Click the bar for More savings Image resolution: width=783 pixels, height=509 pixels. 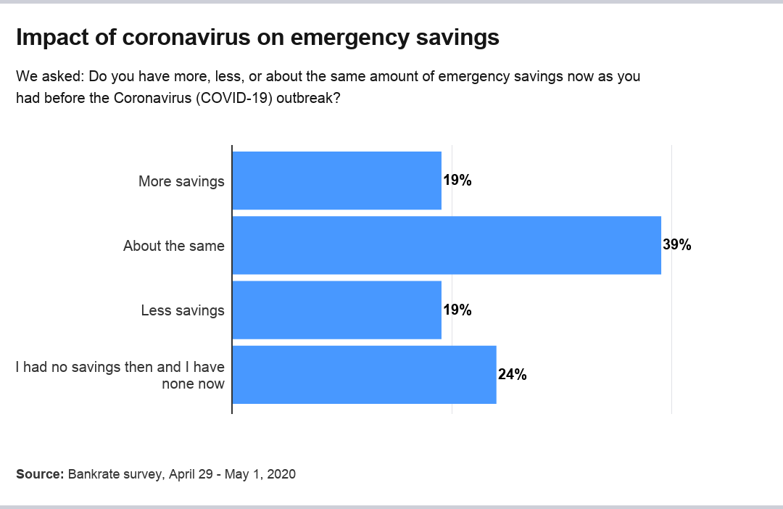tap(336, 181)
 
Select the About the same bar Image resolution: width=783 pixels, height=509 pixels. tap(446, 245)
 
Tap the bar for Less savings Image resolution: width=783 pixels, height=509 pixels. tap(336, 310)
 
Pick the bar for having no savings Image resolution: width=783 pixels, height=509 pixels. tap(364, 374)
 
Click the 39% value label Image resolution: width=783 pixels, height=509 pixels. tap(677, 245)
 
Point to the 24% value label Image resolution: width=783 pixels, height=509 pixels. tap(512, 375)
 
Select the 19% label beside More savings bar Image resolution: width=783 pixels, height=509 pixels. tap(457, 181)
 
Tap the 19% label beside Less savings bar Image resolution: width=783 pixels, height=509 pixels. tap(457, 310)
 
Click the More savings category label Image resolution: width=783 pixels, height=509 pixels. tap(181, 181)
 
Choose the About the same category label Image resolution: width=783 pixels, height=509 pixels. tap(174, 246)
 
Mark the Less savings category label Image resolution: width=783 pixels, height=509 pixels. tap(183, 310)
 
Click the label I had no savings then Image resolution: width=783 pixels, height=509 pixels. tap(120, 367)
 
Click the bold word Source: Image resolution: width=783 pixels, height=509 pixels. tap(40, 474)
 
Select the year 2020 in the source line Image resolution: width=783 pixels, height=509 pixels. tap(281, 474)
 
